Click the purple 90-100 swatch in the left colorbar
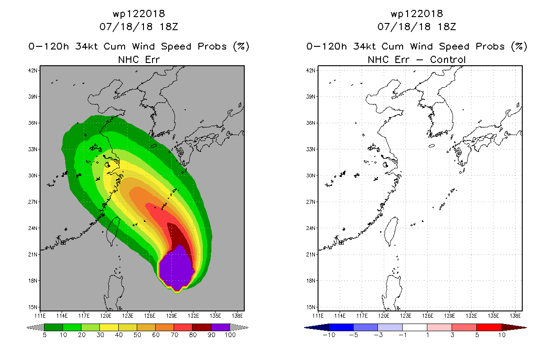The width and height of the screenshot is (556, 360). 220,327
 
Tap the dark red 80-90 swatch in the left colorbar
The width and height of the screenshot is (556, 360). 202,327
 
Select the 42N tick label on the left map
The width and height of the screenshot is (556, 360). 32,70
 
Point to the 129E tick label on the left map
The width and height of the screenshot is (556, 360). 171,316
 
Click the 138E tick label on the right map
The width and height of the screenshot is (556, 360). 515,316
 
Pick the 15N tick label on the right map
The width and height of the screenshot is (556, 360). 310,307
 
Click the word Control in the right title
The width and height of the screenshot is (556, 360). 448,60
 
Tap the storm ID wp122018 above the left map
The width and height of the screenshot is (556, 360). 139,13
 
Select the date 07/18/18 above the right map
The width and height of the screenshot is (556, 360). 404,27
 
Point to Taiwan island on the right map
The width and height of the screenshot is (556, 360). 391,231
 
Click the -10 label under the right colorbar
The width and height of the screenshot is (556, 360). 329,335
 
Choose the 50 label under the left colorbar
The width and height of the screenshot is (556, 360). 137,335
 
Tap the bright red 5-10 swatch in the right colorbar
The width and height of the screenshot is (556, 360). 489,327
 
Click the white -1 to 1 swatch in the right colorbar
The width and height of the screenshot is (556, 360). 415,327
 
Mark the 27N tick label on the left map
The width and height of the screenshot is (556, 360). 32,202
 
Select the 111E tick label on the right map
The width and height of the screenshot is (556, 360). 318,316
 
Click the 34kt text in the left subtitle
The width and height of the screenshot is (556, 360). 87,47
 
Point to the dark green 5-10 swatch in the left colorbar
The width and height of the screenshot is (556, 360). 54,327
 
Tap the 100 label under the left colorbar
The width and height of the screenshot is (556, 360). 230,335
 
